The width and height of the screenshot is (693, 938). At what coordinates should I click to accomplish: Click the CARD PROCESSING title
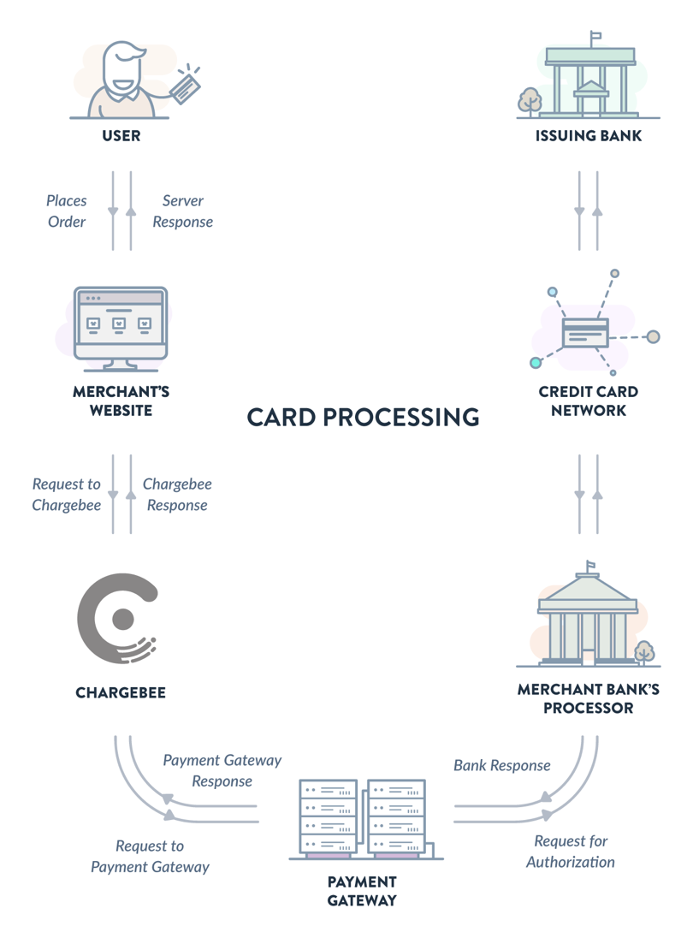pyautogui.click(x=363, y=418)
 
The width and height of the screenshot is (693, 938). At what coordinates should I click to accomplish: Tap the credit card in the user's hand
pyautogui.click(x=187, y=86)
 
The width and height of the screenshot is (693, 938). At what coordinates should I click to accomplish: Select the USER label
pyautogui.click(x=121, y=136)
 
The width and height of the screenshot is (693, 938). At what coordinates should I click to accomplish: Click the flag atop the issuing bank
pyautogui.click(x=595, y=37)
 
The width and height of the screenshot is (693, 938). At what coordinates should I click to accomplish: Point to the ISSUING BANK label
pyautogui.click(x=589, y=136)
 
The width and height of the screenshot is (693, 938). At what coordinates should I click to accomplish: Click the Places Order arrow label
pyautogui.click(x=67, y=211)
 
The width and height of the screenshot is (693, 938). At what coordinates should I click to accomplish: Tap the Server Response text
pyautogui.click(x=182, y=211)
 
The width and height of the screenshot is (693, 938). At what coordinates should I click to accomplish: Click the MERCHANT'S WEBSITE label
pyautogui.click(x=121, y=401)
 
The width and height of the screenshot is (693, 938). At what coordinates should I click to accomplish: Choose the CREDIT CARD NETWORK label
pyautogui.click(x=589, y=401)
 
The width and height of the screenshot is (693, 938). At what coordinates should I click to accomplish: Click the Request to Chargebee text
pyautogui.click(x=67, y=495)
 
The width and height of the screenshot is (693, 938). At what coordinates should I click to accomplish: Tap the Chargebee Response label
pyautogui.click(x=177, y=495)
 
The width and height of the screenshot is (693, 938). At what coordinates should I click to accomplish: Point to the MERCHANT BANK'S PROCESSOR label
pyautogui.click(x=589, y=698)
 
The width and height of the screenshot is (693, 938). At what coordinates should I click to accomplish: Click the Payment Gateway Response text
pyautogui.click(x=222, y=770)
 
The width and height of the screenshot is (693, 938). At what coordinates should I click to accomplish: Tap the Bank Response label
pyautogui.click(x=502, y=765)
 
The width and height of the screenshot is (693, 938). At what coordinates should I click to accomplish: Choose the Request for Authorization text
pyautogui.click(x=571, y=852)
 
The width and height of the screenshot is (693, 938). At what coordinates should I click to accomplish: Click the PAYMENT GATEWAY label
pyautogui.click(x=362, y=891)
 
